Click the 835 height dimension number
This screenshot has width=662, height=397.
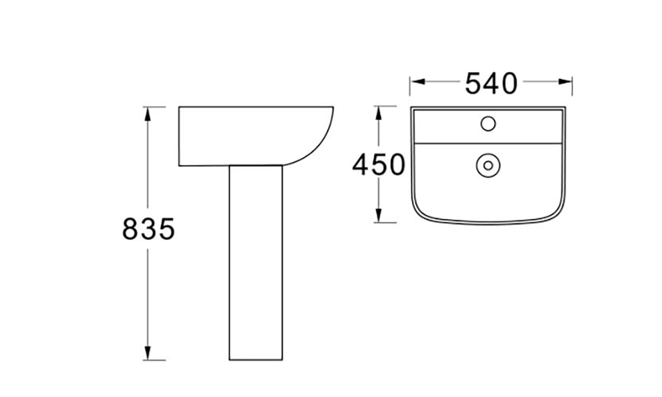148,229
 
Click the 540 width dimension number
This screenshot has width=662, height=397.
492,84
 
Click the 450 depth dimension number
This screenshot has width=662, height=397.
378,165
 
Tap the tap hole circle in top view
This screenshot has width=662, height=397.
488,123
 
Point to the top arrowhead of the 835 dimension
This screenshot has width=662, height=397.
148,113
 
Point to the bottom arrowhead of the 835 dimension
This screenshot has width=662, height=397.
148,353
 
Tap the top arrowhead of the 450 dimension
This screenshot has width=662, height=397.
379,112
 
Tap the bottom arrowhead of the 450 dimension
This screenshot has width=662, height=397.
379,216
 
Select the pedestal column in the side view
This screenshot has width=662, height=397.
256,261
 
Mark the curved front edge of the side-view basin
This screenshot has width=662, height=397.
322,142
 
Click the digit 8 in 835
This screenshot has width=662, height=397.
131,229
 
